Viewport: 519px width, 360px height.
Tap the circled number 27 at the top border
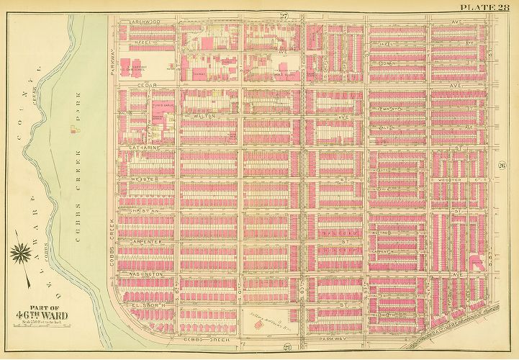[245, 16]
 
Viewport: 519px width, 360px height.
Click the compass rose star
[21, 254]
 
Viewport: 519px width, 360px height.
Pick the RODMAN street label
[389, 63]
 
